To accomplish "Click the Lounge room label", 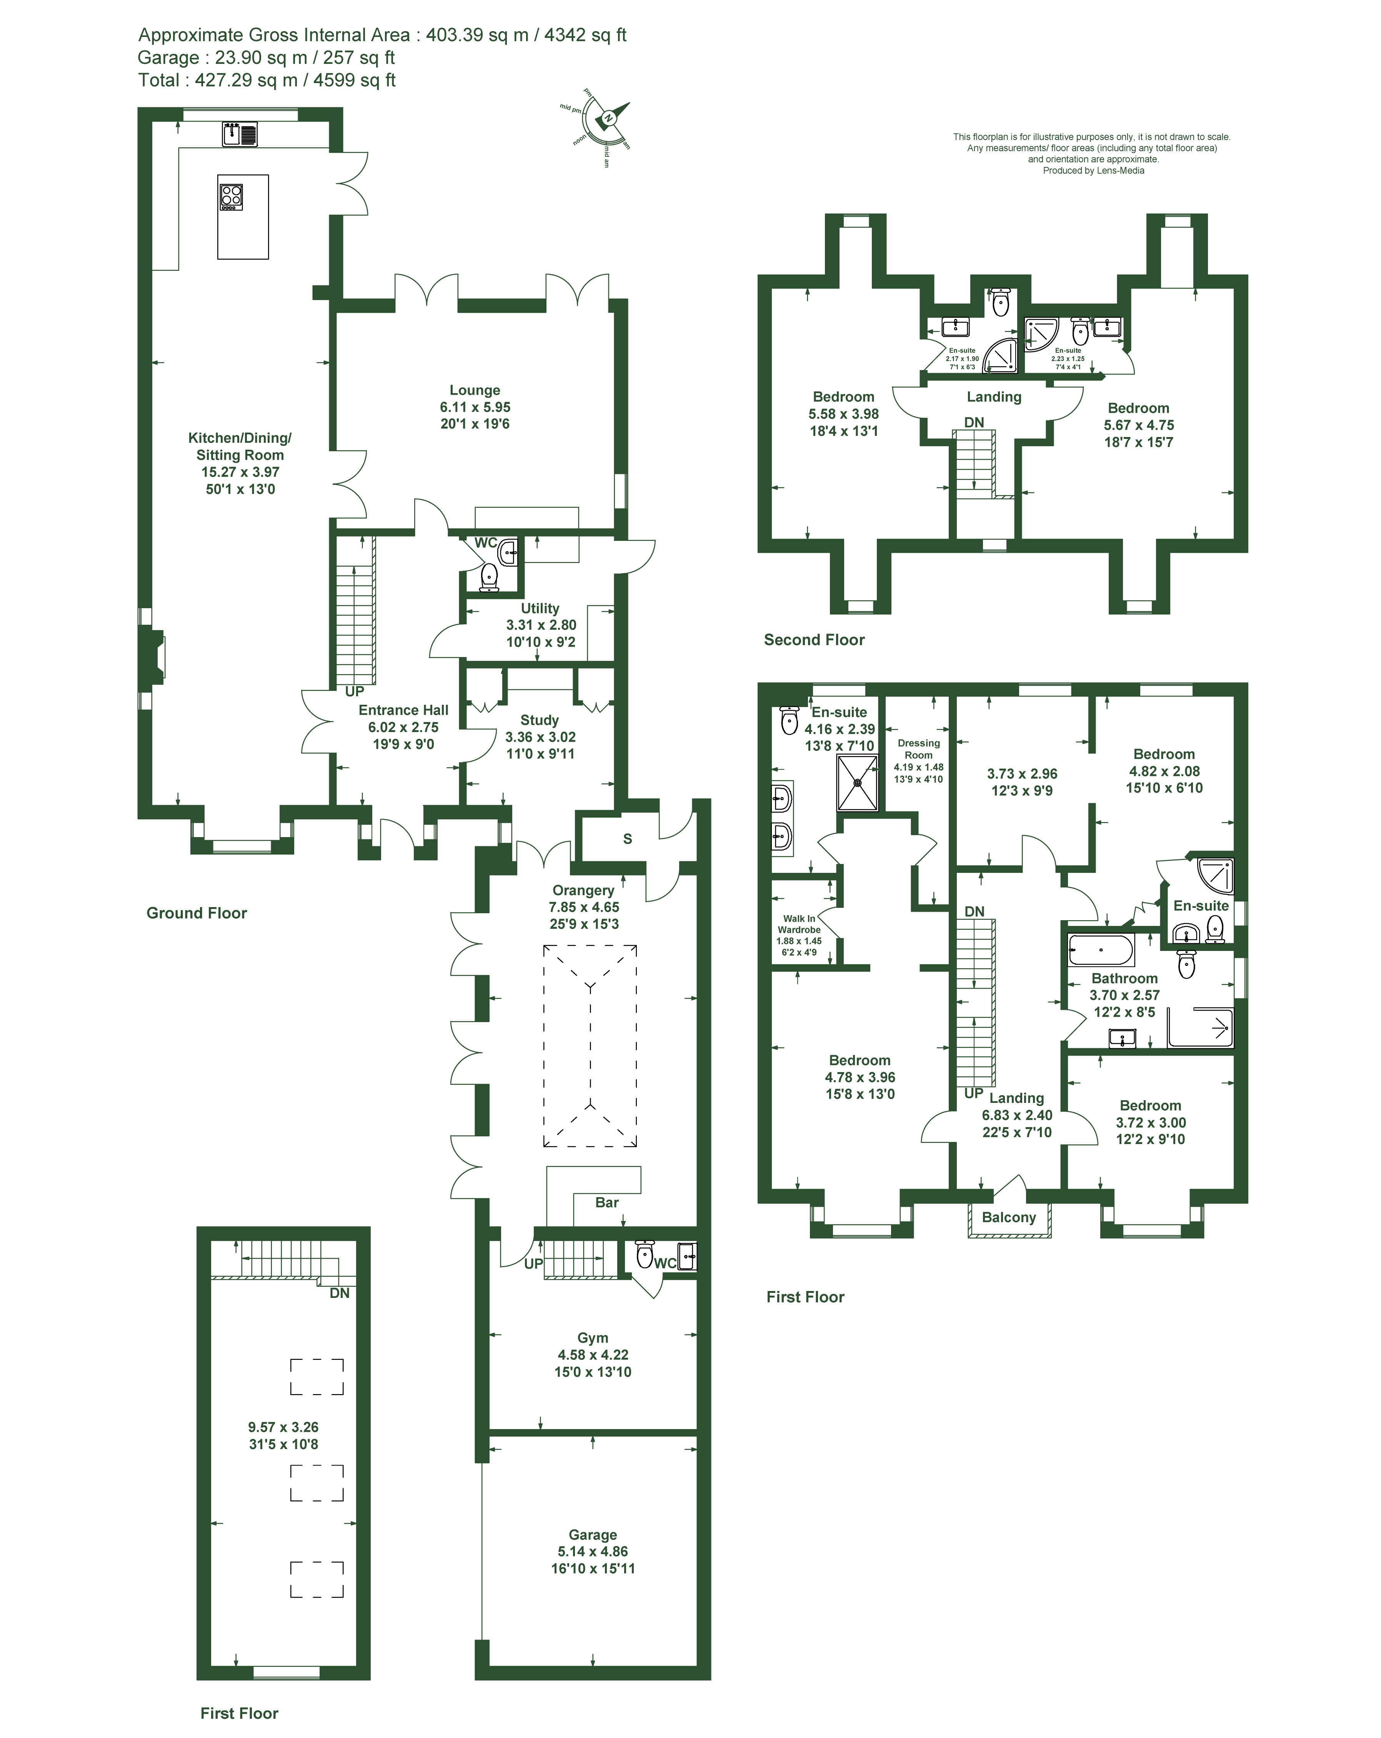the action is point(475,390).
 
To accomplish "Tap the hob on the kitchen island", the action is point(231,197).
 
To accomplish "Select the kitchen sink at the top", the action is point(240,134).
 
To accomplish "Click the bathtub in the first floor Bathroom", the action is point(1101,950).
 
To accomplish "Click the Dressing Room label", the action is point(918,749).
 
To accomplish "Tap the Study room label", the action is point(539,720).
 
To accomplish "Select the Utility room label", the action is point(540,608).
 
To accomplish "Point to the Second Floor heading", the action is point(814,639).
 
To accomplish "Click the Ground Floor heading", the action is point(197,912).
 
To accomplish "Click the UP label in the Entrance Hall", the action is point(355,691).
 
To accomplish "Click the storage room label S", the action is point(628,838).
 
